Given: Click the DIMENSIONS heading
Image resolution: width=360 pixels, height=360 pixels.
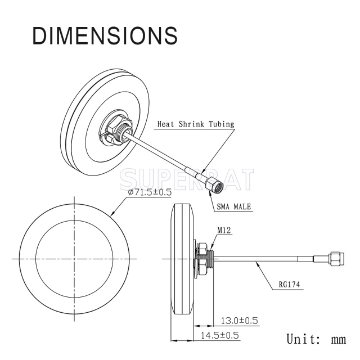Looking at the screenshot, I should coord(105,35).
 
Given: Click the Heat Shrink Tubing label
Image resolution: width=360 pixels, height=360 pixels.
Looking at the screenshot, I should coord(195,124).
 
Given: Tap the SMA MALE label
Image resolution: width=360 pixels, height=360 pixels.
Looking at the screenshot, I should coord(234,206).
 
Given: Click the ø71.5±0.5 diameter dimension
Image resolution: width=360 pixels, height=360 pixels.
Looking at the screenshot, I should coord(149,192).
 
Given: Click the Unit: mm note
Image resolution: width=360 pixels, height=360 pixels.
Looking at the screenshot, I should coord(316,339).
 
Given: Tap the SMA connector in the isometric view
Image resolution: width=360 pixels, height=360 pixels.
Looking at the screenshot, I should coord(214,183).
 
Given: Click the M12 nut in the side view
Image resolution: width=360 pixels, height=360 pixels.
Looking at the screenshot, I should coord(201,259).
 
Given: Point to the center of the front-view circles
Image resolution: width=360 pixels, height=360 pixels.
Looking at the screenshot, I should coord(73,259).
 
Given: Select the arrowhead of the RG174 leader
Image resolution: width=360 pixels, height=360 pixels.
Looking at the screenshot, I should coord(257,263).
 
